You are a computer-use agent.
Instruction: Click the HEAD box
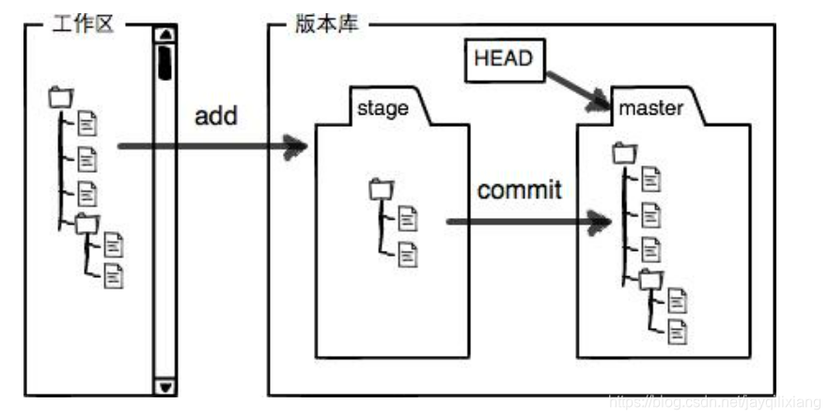click(503, 58)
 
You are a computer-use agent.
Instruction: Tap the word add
click(216, 116)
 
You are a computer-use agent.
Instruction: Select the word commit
click(519, 190)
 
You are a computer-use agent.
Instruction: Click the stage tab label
click(383, 108)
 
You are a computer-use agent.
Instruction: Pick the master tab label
click(650, 108)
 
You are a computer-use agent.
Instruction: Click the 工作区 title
click(84, 23)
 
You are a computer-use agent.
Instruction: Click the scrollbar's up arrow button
click(165, 36)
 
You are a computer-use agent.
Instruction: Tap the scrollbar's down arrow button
click(165, 386)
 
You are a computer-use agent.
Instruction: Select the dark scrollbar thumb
click(165, 60)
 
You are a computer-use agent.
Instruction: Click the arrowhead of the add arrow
click(299, 146)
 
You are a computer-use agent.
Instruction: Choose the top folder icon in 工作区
click(61, 96)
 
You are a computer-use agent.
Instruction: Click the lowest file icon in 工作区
click(113, 275)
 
